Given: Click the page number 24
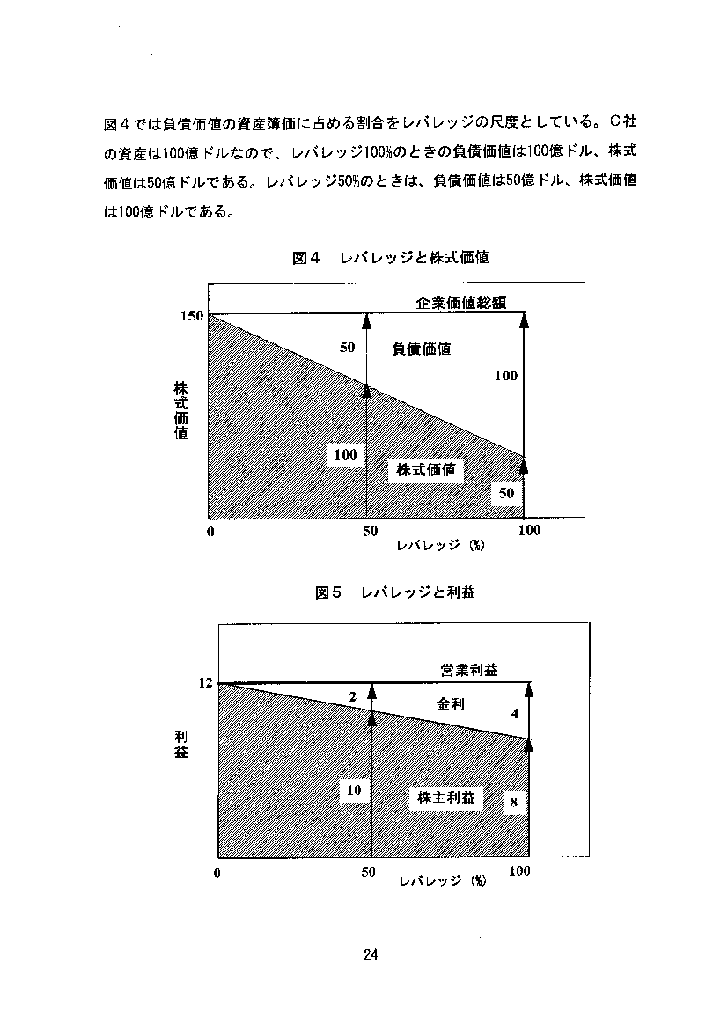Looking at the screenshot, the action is (x=371, y=954).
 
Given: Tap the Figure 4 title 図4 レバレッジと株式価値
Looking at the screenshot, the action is (x=390, y=257).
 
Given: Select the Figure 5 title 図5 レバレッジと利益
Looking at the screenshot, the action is (x=395, y=592).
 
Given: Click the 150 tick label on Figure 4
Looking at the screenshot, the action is (x=192, y=316).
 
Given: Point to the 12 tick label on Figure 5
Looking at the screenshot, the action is (x=206, y=682).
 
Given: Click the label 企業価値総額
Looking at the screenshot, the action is (x=460, y=303).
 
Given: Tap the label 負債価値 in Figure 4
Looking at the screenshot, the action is (x=421, y=349).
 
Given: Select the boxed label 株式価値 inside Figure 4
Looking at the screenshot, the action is (x=426, y=470).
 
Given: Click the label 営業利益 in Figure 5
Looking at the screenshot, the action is (x=469, y=670).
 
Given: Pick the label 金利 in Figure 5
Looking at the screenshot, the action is (x=450, y=704).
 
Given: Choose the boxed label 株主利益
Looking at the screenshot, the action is (x=446, y=798).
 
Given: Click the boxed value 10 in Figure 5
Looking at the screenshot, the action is (x=354, y=791).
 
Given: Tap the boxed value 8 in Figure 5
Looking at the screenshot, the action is (x=514, y=802).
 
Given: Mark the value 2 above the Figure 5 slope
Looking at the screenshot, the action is (x=353, y=697).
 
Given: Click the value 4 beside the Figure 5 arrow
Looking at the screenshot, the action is (x=515, y=713).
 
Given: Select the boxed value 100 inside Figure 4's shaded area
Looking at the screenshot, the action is (x=346, y=454).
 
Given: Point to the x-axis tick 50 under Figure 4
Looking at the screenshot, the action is (x=370, y=531).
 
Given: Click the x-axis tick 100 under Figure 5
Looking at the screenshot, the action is (x=519, y=871).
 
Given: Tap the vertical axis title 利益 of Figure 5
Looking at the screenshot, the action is (x=180, y=744).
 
